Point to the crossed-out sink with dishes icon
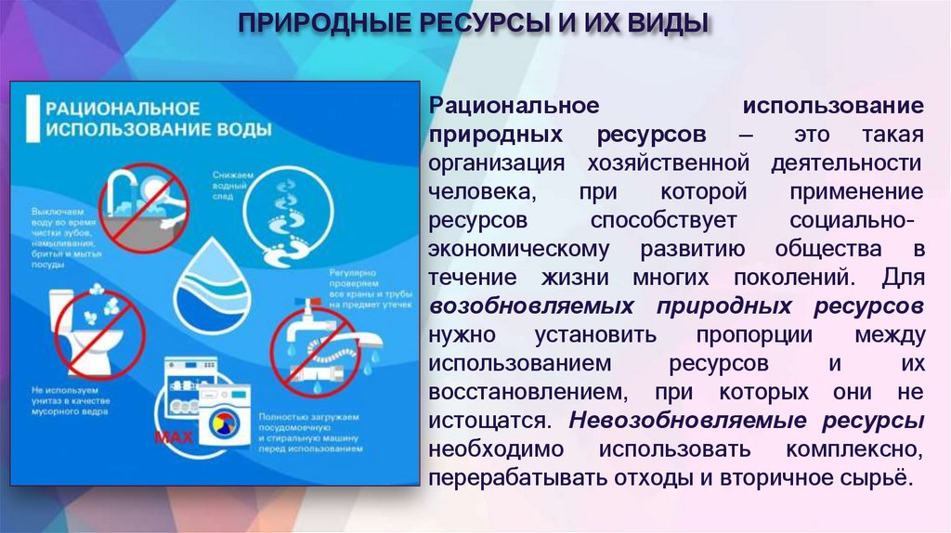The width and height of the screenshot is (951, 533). click(x=137, y=205)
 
